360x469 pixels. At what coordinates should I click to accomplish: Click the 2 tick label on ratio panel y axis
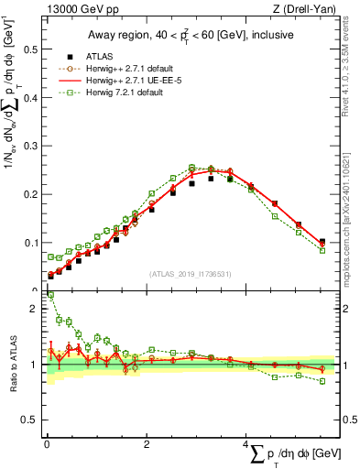click(x=33, y=309)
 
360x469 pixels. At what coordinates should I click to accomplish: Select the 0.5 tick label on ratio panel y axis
click(x=28, y=420)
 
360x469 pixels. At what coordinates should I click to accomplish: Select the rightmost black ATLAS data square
click(x=322, y=243)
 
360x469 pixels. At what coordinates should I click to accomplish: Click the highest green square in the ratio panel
click(x=50, y=296)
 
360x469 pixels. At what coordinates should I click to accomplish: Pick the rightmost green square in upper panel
click(x=322, y=250)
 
